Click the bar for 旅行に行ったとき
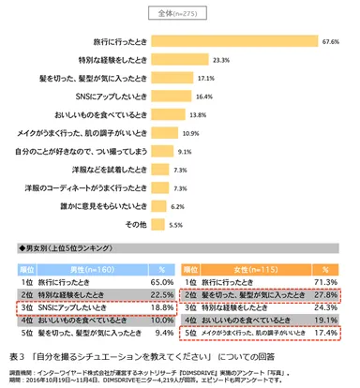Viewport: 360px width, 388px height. coord(234,42)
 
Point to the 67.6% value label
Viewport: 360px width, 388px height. coord(330,42)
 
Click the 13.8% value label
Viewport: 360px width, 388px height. coord(197,114)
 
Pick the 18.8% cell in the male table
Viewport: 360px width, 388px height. coord(163,306)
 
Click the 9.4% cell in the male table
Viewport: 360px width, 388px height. coord(163,332)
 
